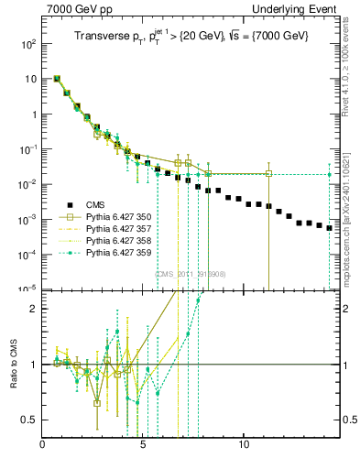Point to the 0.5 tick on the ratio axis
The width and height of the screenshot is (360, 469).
30,420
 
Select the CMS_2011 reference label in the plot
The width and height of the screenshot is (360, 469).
191,274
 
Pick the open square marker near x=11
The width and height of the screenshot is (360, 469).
268,173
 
